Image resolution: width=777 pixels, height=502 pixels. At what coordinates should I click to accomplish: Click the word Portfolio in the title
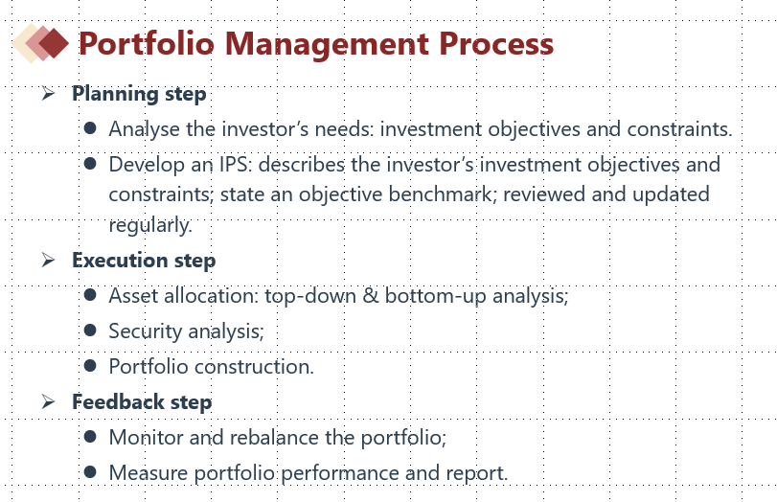[x=147, y=44]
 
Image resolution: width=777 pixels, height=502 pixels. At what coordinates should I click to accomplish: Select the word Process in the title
[x=496, y=44]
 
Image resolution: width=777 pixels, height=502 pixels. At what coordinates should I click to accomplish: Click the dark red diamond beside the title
[x=54, y=43]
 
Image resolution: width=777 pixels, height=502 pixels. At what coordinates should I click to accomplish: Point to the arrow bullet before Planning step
[x=48, y=93]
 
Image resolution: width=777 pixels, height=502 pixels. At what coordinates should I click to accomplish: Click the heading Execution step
[x=144, y=261]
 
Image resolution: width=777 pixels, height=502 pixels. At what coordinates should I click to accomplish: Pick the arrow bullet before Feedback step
[x=48, y=400]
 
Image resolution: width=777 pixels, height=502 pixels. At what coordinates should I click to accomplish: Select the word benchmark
[x=443, y=194]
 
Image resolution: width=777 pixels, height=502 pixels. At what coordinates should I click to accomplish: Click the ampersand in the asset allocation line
[x=371, y=296]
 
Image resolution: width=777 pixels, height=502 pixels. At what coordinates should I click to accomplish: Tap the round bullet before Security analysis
[x=90, y=331]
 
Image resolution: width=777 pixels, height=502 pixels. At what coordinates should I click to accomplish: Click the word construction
[x=254, y=367]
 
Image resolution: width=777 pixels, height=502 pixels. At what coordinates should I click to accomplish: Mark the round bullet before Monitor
[x=90, y=436]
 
